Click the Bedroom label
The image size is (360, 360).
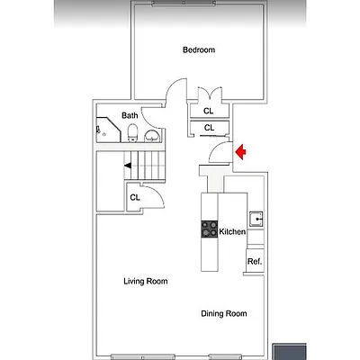coord(199,50)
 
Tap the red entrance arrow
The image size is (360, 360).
coord(240,154)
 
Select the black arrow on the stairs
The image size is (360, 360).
coord(130,166)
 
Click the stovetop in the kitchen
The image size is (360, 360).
coord(209,230)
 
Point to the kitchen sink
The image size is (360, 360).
coord(256,217)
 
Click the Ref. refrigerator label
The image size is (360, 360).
coord(255,262)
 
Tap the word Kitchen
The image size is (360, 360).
coord(232,232)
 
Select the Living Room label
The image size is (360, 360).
coord(145,282)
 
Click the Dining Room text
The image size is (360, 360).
coord(223,313)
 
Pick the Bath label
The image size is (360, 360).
coord(130,115)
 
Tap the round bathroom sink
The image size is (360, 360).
coord(151,137)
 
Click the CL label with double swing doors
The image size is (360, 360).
coord(209,111)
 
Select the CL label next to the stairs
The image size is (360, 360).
coord(135,197)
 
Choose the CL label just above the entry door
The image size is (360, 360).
coord(209,128)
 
